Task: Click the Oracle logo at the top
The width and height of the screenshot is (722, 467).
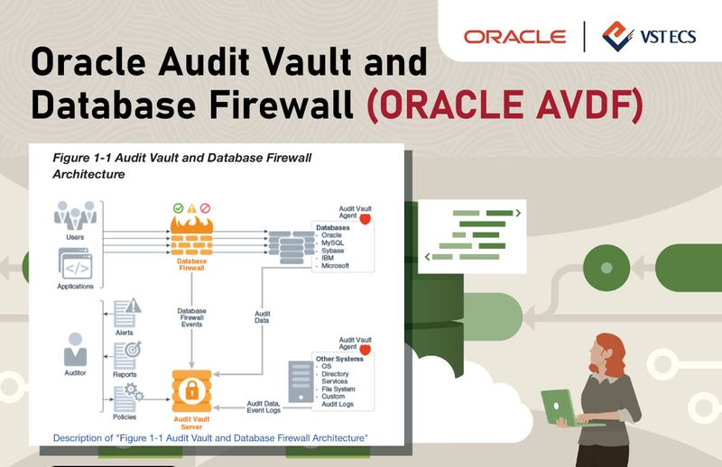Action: click(514, 37)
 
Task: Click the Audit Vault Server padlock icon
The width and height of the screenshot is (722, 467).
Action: click(191, 389)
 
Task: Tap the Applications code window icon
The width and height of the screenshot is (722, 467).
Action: click(75, 264)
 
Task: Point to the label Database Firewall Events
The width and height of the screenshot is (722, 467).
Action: click(191, 317)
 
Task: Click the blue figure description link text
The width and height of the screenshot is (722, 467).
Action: click(210, 437)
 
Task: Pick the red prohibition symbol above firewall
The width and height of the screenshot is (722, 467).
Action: click(206, 207)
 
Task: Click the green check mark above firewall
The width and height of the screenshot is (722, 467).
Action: click(178, 207)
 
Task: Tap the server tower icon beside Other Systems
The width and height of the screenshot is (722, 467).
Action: click(299, 382)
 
